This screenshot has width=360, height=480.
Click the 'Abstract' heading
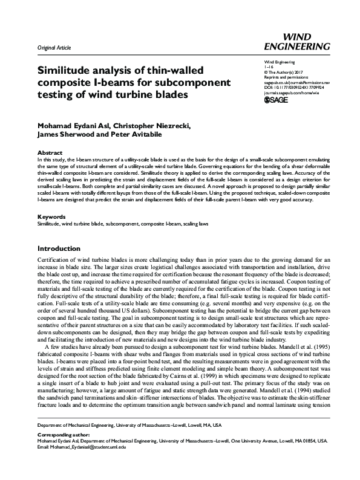[50, 136]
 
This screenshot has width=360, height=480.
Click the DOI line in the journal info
[295, 86]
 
